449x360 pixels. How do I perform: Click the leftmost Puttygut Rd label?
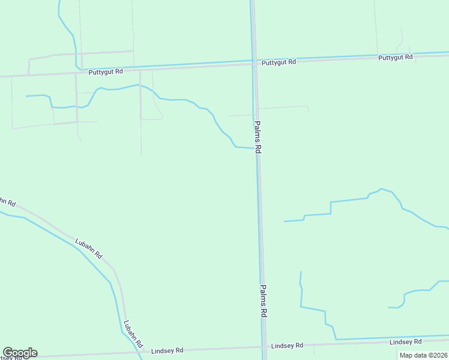[x=106, y=71]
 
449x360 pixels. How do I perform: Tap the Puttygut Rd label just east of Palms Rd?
[x=279, y=62]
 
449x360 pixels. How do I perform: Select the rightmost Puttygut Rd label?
[x=396, y=58]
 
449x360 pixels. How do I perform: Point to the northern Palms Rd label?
[x=258, y=137]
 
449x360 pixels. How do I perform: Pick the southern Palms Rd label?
[x=264, y=301]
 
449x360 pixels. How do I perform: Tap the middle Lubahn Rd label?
[x=89, y=248]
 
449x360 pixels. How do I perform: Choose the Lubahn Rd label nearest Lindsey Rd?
[x=133, y=335]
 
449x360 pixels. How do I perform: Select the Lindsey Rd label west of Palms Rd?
[x=167, y=350]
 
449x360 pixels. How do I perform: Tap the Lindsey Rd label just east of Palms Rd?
[x=287, y=346]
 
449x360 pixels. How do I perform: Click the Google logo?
[x=20, y=352]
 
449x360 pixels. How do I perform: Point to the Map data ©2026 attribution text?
[x=423, y=355]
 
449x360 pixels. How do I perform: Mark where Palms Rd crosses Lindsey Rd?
[x=264, y=347]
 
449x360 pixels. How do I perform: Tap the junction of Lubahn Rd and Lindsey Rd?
[x=142, y=351]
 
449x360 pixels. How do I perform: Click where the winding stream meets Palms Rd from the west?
[x=252, y=148]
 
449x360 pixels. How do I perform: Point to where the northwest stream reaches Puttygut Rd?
[x=78, y=68]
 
